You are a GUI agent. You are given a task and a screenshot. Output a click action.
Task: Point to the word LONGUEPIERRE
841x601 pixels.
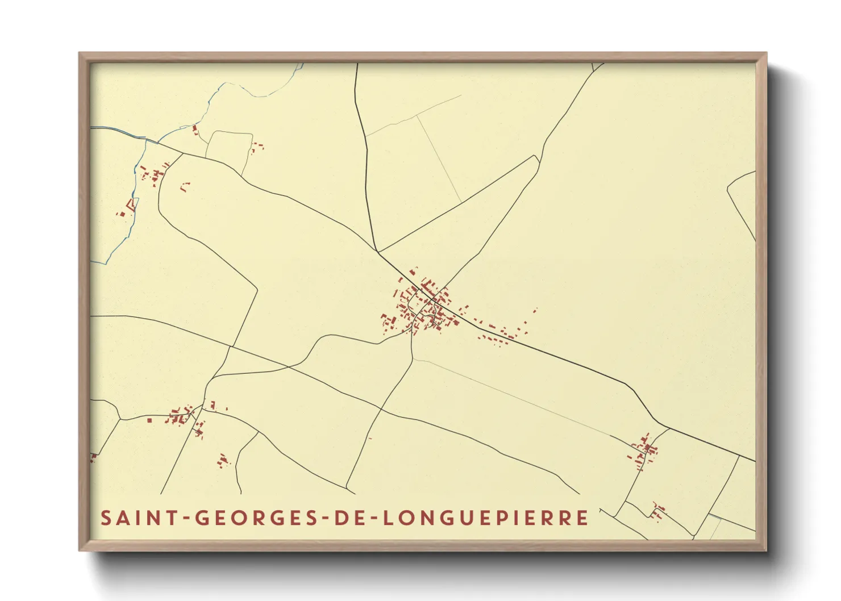(486, 518)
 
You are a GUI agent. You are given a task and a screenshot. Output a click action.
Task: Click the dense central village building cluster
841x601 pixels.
(423, 307)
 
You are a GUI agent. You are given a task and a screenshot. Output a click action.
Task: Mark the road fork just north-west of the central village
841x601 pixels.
(377, 252)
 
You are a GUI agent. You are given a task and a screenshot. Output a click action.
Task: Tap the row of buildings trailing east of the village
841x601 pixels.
(500, 332)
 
